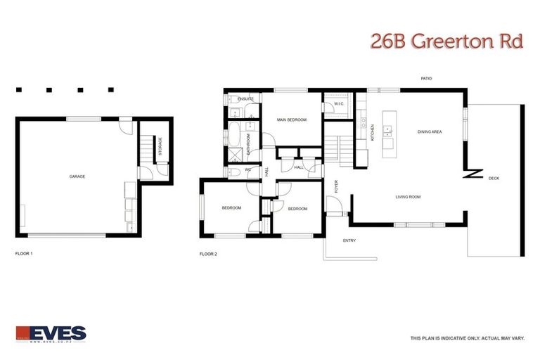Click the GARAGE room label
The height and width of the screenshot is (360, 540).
tap(77, 176)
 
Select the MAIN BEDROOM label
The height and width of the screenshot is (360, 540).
tap(291, 120)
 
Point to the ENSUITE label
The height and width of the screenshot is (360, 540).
tap(245, 99)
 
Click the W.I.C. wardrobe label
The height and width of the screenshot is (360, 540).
tap(337, 103)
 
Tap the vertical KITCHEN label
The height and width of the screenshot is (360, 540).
tap(373, 132)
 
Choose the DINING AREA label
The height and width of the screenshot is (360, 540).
tap(430, 131)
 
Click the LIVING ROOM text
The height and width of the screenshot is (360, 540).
tap(408, 197)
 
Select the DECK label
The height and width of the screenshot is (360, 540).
tap(494, 179)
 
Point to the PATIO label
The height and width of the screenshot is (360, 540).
tap(425, 79)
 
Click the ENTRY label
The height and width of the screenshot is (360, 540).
tap(349, 240)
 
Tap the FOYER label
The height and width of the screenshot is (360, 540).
tap(336, 186)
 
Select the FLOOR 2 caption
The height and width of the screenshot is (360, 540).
tap(208, 253)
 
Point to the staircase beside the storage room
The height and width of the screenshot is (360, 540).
tap(146, 150)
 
